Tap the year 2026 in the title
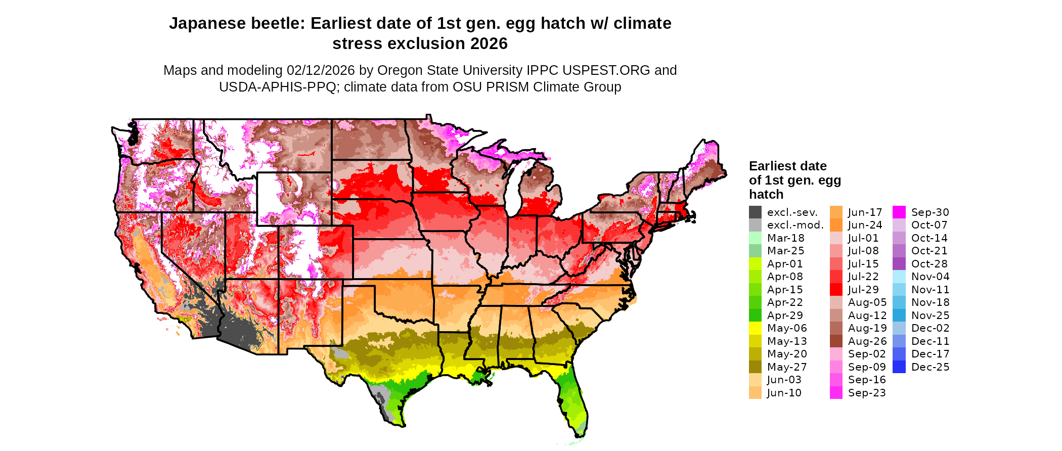point(489,44)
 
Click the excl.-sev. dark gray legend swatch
point(755,212)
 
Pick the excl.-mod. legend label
point(795,225)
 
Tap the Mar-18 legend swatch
point(755,238)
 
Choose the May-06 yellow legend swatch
point(755,328)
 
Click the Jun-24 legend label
point(865,225)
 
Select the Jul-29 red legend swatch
point(836,290)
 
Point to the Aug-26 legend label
point(867,341)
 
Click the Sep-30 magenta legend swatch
point(899,212)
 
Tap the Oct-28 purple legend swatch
point(899,264)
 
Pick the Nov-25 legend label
point(930,315)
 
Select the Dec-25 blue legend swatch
point(899,367)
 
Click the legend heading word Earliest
point(773,166)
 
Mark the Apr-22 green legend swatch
point(755,302)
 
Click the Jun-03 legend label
point(784,380)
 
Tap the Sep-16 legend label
point(867,380)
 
